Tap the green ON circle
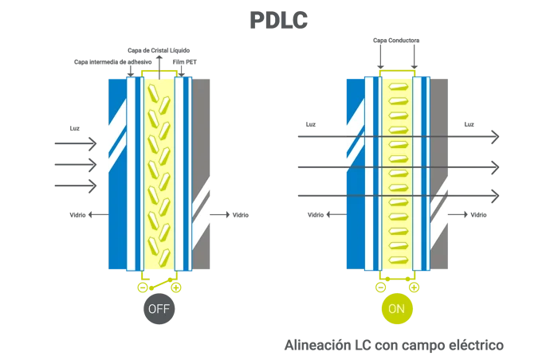[x=396, y=308]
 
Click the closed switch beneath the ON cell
[x=397, y=283]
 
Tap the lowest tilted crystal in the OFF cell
[x=163, y=258]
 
